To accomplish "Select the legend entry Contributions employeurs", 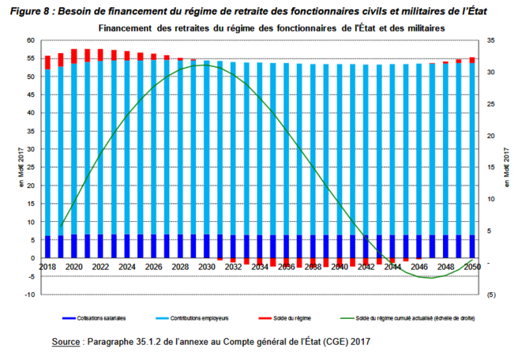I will (201, 318).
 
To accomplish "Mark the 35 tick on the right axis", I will (490, 40).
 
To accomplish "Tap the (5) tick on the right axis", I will (490, 294).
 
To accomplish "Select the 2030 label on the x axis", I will (208, 268).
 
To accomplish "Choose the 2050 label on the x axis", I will (473, 268).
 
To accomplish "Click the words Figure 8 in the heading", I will (27, 9).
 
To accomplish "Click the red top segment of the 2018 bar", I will (48, 62).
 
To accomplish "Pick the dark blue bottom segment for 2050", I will (472, 246).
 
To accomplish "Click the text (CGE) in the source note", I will (318, 343).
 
